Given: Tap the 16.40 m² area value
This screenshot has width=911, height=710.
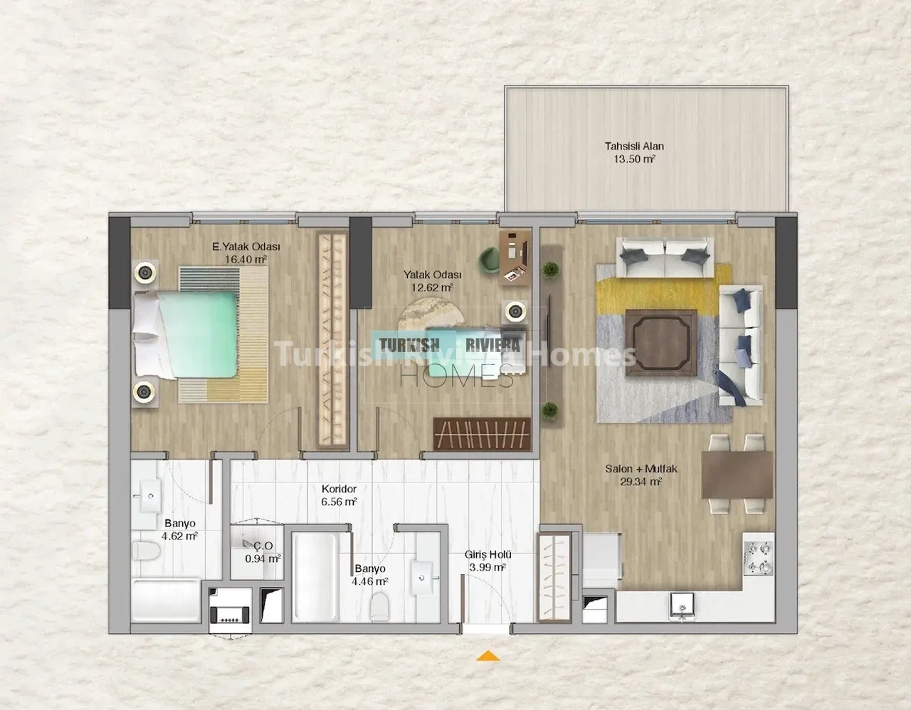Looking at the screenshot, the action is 246,259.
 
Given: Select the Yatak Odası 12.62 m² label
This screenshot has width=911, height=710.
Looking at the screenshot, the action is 432,281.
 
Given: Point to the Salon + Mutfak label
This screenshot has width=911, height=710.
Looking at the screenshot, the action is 641,469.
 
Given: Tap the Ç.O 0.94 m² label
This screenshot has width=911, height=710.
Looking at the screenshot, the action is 263,552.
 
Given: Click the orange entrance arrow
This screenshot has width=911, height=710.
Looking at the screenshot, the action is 488,656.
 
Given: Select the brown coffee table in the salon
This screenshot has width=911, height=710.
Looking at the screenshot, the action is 661,343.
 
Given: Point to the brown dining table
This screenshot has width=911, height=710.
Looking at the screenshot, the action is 737,475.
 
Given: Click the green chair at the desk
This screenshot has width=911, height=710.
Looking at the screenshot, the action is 489,259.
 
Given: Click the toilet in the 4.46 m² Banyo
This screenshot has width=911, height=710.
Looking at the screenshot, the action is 380,603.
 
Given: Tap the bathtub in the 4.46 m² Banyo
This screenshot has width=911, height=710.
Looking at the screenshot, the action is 315,577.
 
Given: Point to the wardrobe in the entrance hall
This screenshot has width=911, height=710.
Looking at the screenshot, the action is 554,577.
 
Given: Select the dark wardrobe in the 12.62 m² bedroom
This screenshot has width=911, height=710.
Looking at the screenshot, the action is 482,433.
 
